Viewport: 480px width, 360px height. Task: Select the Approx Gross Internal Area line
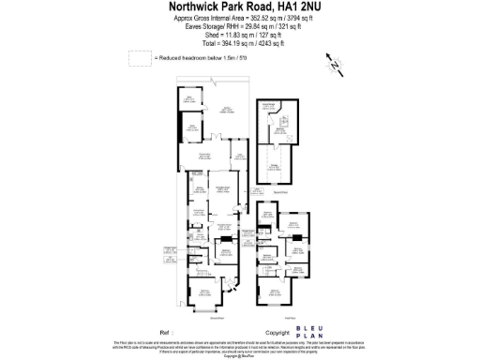pos(239,19)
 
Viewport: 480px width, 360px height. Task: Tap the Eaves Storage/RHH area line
pos(239,27)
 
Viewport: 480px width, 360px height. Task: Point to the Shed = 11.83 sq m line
pos(239,36)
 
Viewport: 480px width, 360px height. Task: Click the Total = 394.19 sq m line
pos(239,44)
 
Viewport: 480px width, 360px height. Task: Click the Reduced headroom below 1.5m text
pos(191,58)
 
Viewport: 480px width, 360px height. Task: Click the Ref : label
pos(169,331)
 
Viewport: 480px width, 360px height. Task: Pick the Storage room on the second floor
pos(277,167)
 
